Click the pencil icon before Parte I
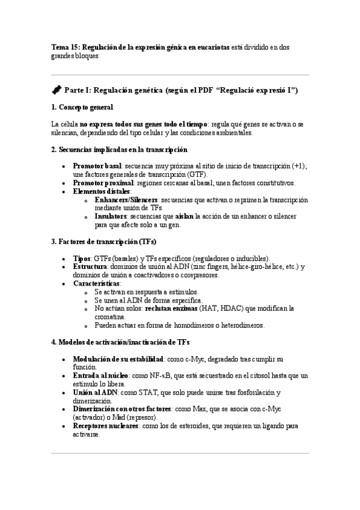(56, 90)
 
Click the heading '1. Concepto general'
(82, 107)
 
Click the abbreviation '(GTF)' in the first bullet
(194, 174)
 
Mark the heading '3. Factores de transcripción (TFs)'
(104, 242)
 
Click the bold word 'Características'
(96, 283)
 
